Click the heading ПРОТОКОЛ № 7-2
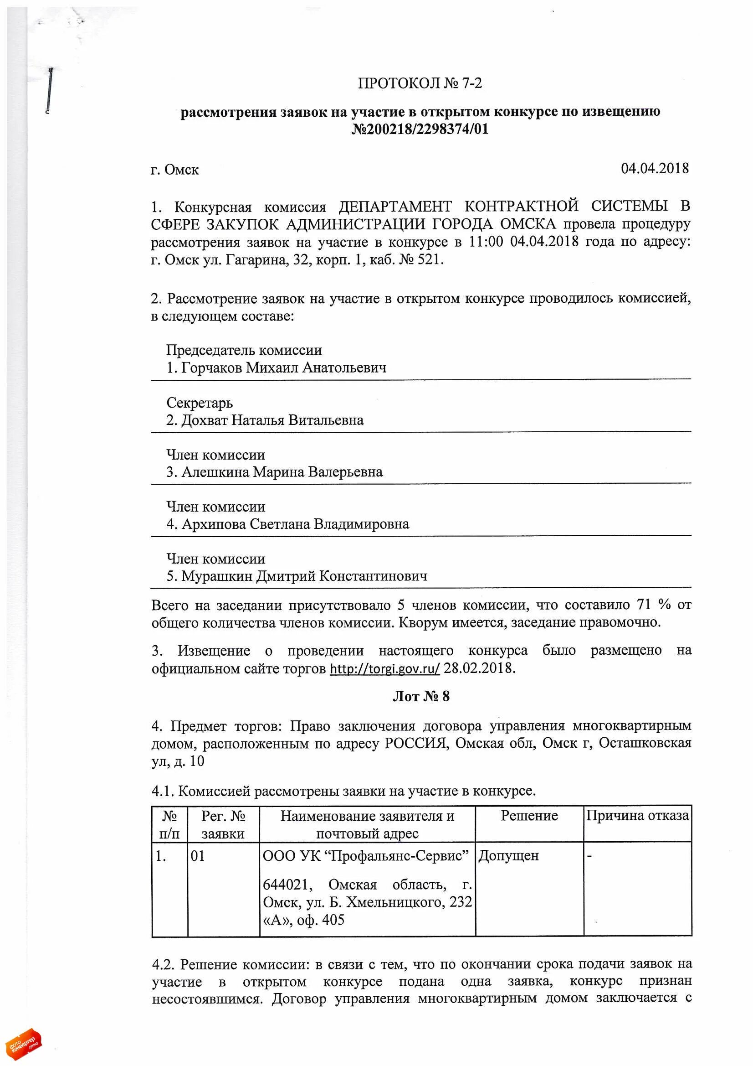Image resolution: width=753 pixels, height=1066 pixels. click(x=420, y=83)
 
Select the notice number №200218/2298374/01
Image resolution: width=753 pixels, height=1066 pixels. click(x=420, y=129)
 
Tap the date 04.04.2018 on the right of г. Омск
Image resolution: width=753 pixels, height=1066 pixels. click(x=655, y=168)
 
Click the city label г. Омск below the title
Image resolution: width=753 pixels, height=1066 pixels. click(x=174, y=170)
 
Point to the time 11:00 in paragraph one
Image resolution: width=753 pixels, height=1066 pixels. click(x=486, y=242)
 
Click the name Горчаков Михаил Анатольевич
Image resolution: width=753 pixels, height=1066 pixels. click(x=283, y=367)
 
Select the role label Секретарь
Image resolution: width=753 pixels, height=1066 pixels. click(x=200, y=403)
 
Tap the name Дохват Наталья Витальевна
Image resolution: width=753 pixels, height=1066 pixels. click(x=272, y=420)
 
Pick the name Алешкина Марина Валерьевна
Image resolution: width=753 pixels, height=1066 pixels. click(x=282, y=472)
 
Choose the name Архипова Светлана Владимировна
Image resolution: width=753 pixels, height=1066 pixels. click(x=295, y=524)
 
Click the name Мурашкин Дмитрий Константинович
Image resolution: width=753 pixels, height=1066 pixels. click(x=304, y=576)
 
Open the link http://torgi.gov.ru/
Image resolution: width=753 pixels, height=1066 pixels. click(x=384, y=668)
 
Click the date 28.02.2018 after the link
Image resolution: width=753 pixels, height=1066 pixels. click(x=479, y=668)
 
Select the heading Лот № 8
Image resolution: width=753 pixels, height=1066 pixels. click(x=421, y=696)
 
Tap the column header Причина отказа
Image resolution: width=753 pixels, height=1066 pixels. click(x=637, y=816)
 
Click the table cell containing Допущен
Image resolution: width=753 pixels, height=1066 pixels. click(x=508, y=855)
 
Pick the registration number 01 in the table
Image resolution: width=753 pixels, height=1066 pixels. click(x=198, y=856)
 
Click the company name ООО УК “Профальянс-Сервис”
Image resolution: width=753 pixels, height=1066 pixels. click(x=366, y=855)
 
